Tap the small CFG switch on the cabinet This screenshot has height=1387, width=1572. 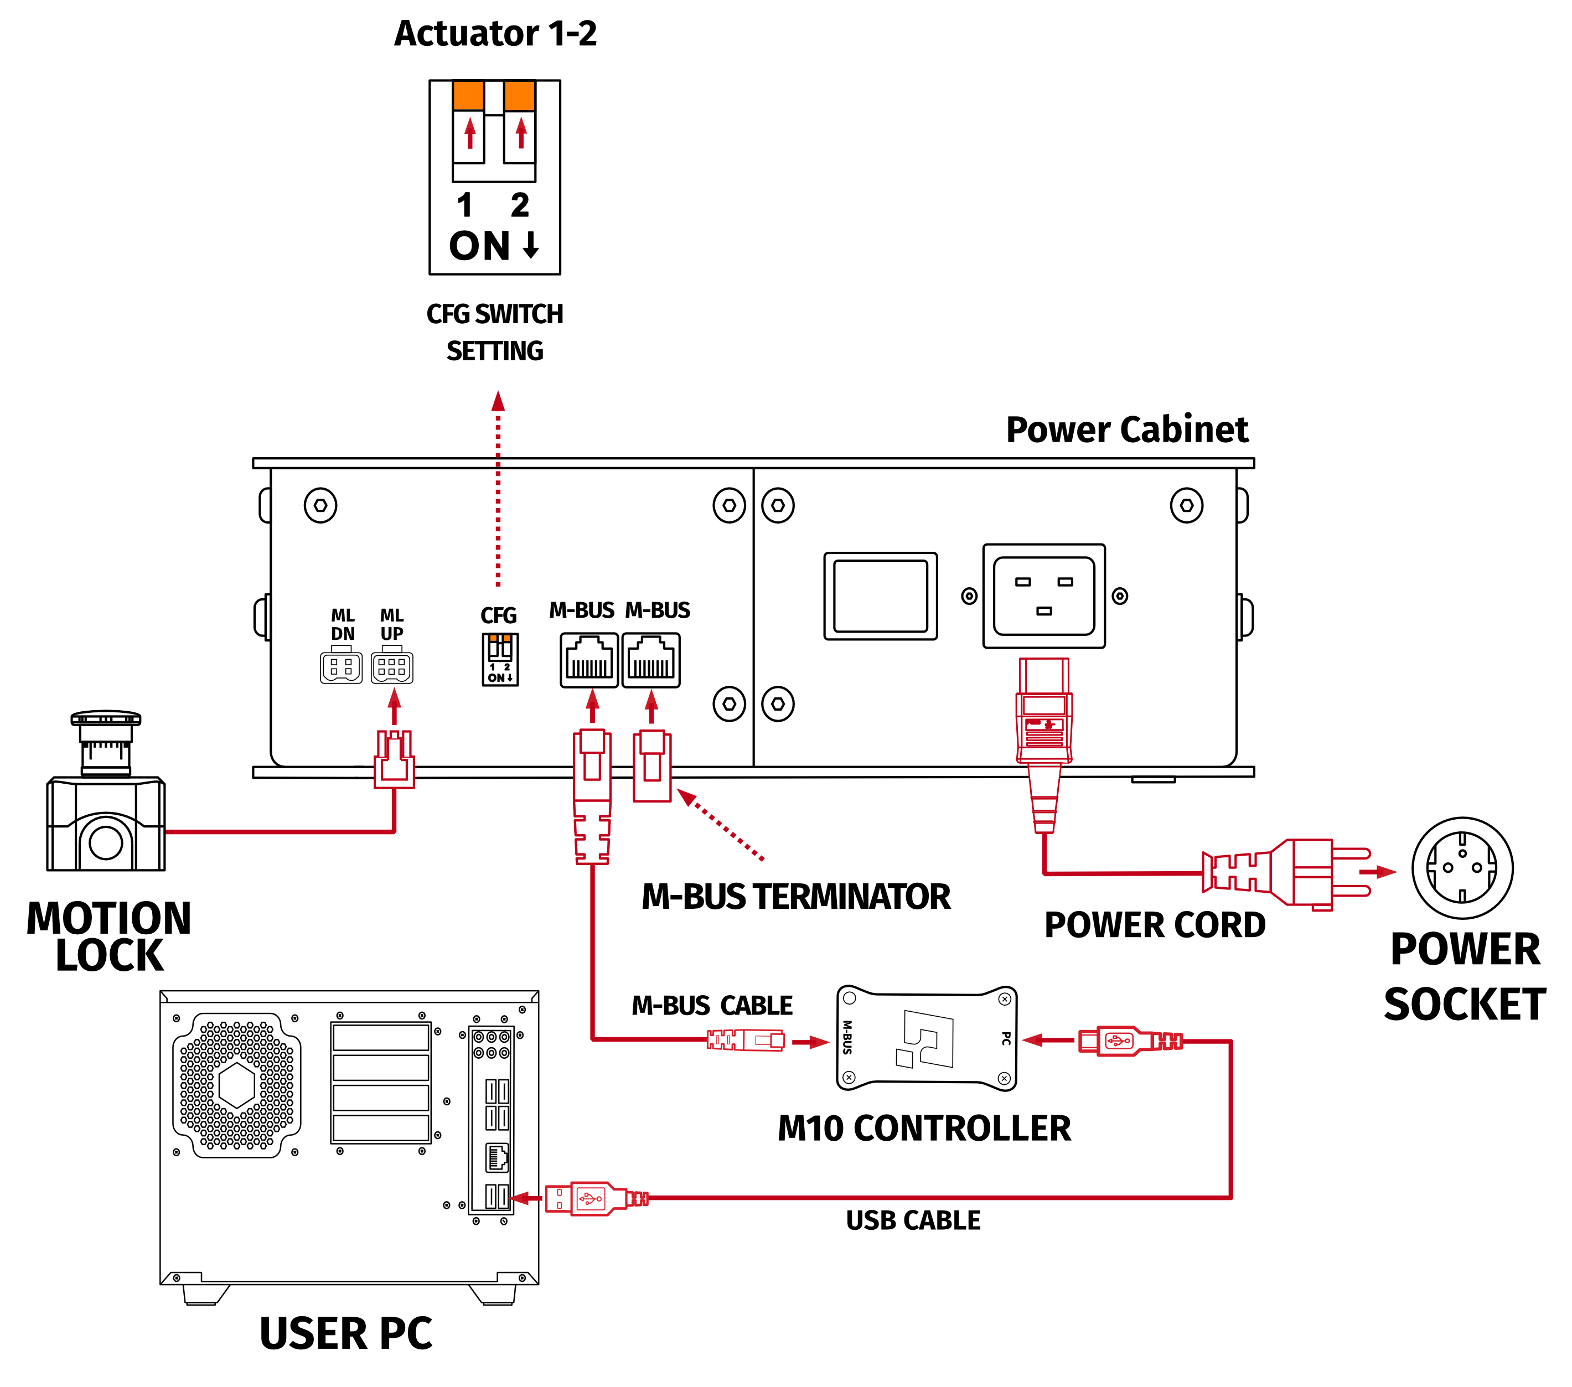[500, 659]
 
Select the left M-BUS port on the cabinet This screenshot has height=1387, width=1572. [589, 660]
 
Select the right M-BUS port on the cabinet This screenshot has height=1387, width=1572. [650, 660]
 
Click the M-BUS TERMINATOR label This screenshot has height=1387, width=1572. [796, 897]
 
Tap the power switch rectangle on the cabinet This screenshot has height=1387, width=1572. [881, 596]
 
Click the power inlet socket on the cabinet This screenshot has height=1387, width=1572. [1043, 596]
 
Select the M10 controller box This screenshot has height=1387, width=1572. [927, 1038]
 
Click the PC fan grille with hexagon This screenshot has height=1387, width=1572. [237, 1085]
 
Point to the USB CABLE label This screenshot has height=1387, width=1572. [913, 1220]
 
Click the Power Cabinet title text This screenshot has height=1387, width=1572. [1127, 429]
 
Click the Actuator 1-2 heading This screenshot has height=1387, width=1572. [495, 33]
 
